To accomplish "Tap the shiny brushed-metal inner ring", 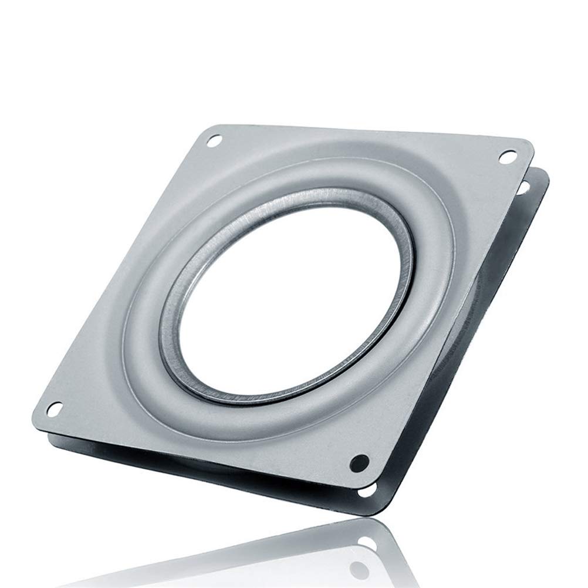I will coord(176,329).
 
